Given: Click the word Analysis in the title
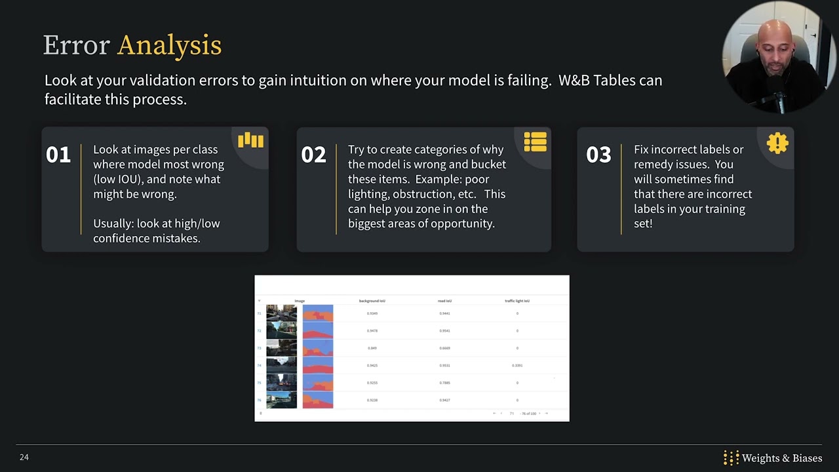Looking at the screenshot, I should [x=169, y=45].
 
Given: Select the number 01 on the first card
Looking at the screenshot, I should [x=58, y=155].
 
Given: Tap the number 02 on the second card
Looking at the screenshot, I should [x=313, y=155].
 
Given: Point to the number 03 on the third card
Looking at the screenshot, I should [x=598, y=155].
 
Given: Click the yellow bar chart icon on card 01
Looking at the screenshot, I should [x=250, y=140].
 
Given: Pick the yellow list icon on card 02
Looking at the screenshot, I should [x=535, y=142].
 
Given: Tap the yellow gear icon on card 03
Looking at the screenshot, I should [x=777, y=143].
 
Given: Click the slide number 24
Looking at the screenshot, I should [x=24, y=457].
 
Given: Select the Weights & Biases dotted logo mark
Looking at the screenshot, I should [x=731, y=458].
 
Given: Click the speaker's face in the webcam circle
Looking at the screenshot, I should [x=773, y=49].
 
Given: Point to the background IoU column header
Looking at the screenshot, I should [x=372, y=301].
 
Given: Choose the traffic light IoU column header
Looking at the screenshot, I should [x=517, y=301].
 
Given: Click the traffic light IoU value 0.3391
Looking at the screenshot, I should [x=517, y=365].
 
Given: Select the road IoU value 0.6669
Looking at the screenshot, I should [x=444, y=348].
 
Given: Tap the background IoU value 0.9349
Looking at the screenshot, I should [x=372, y=313].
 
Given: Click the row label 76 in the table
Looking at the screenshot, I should [x=260, y=400].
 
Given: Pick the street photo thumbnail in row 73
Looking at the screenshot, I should [x=281, y=348].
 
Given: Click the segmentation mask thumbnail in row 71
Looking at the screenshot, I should [x=318, y=313].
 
